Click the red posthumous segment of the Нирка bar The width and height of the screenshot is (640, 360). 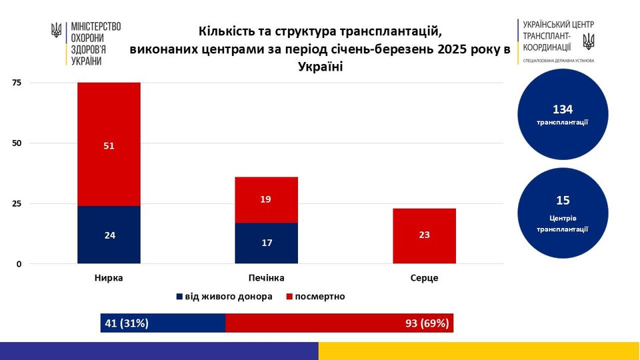click(109, 144)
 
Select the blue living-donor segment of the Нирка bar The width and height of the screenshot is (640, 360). click(109, 235)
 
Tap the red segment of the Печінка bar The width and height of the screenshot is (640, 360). click(266, 199)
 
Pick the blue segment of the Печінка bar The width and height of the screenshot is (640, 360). click(266, 243)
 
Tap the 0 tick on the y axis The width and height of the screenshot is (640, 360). click(19, 264)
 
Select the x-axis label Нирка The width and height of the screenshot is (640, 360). click(109, 278)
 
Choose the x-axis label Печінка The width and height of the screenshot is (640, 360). click(266, 278)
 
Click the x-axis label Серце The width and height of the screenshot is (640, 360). click(424, 278)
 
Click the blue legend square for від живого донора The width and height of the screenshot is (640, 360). click(179, 297)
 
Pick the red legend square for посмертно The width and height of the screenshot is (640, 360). click(289, 297)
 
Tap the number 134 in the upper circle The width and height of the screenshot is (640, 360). click(563, 109)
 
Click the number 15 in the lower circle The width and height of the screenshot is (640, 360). click(563, 200)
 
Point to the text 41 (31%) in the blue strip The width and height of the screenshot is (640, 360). click(127, 323)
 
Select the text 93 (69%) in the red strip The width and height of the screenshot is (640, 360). click(427, 323)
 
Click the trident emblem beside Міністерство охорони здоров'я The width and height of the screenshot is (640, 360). click(57, 31)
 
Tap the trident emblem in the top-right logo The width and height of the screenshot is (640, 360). click(588, 41)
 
